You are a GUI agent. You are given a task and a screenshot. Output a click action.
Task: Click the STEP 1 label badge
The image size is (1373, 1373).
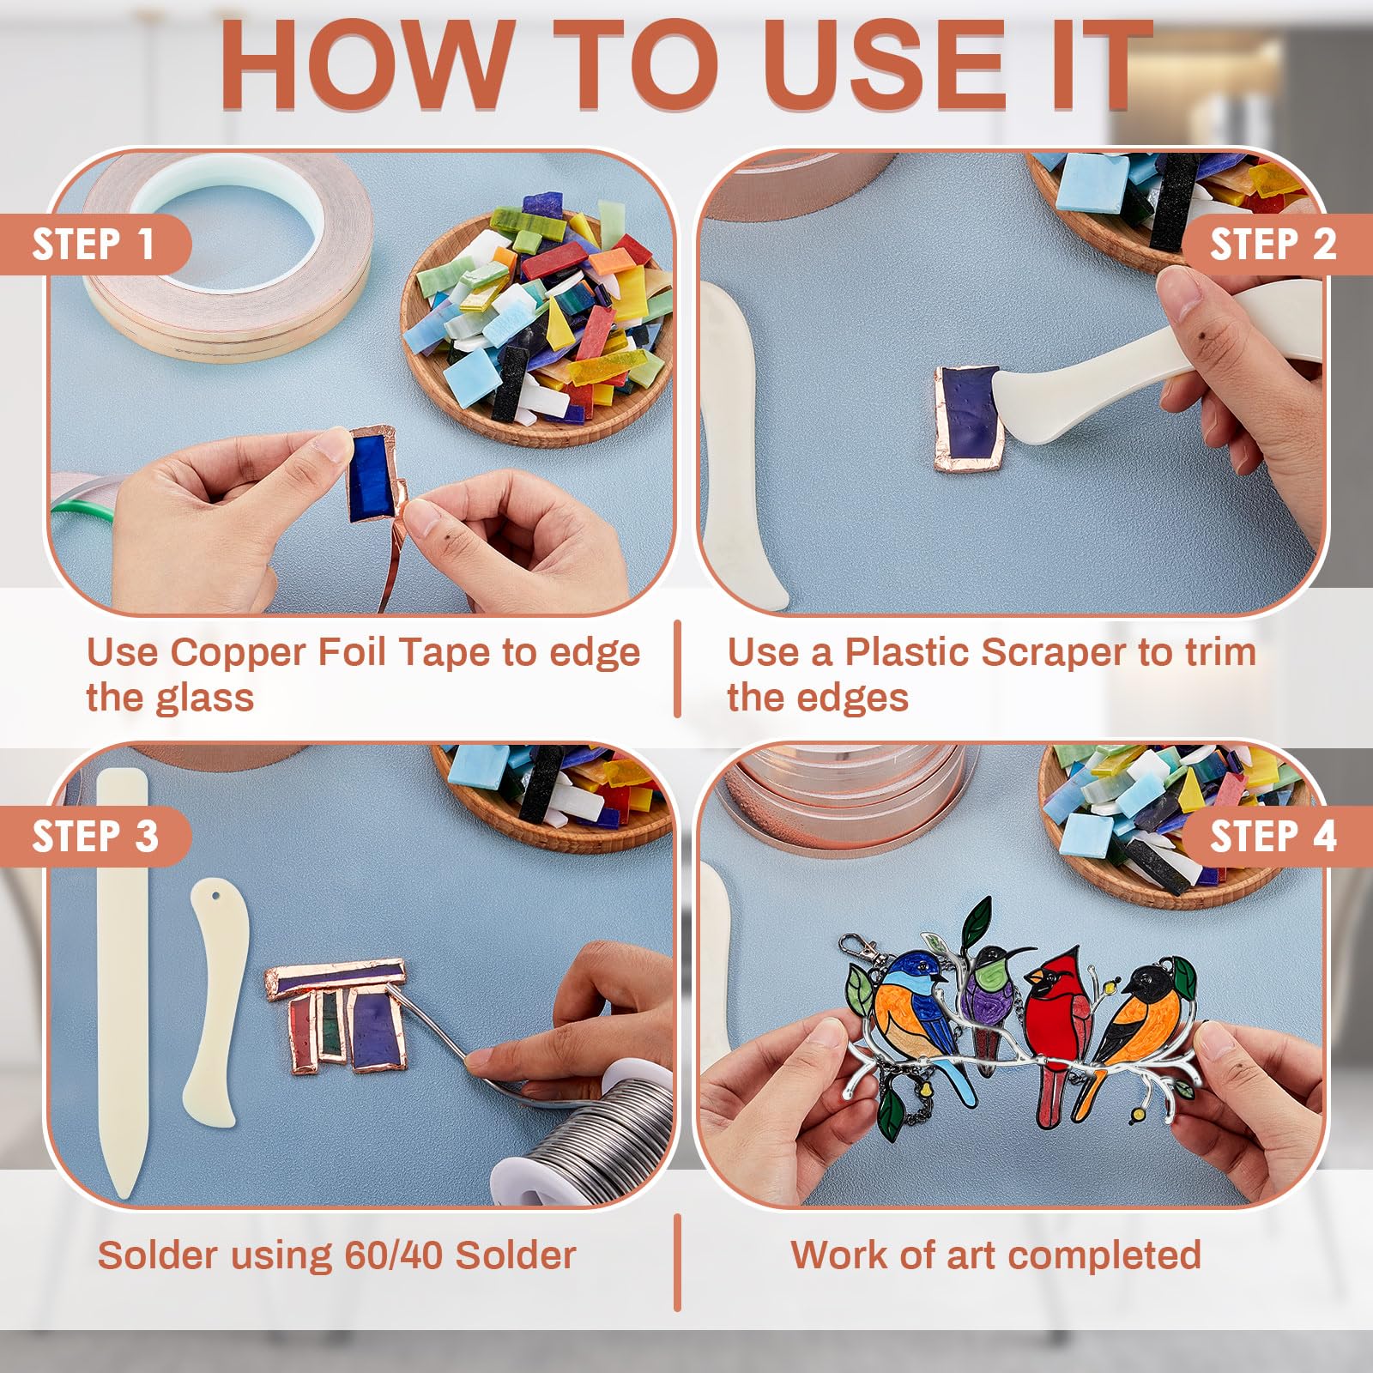coord(94,245)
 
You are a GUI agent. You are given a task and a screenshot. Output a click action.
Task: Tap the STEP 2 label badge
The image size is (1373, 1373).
coord(1276,245)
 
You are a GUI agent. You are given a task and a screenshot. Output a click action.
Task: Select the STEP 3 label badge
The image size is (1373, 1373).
coord(94,837)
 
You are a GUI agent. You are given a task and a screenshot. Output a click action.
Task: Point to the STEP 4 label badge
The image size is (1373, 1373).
coord(1276,837)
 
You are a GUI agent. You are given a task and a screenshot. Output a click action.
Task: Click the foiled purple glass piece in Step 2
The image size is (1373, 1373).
coord(970,418)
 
